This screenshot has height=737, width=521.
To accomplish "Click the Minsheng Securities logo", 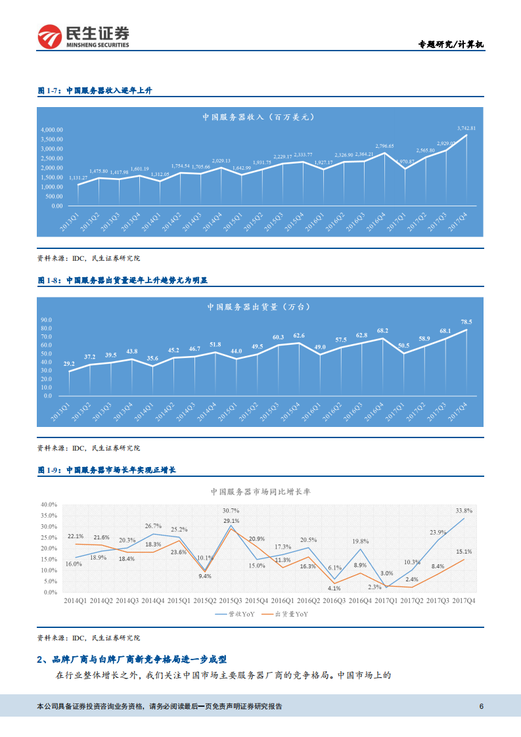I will tap(83, 37).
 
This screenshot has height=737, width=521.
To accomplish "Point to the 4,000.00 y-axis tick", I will tap(51, 130).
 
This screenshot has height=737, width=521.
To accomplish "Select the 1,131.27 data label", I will tap(78, 177).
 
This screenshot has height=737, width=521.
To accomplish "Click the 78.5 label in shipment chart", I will tap(466, 322).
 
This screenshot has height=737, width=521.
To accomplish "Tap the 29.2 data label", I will tap(69, 363).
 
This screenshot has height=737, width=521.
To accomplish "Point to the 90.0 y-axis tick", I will tap(46, 320).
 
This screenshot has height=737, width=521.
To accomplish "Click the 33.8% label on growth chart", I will tap(464, 510).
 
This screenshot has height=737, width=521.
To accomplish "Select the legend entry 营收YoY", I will tap(241, 614).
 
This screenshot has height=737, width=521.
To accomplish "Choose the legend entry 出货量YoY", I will tap(291, 614).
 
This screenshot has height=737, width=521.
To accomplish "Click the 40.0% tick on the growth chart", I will tap(49, 504).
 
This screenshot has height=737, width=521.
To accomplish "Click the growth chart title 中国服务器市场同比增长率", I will tap(260, 491).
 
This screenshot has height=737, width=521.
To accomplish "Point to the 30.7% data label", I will tap(231, 510).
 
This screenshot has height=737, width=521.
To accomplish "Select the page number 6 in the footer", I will tap(482, 707).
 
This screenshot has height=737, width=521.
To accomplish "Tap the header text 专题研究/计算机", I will tap(451, 45).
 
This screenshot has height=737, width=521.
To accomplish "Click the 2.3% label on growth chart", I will tap(375, 587).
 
